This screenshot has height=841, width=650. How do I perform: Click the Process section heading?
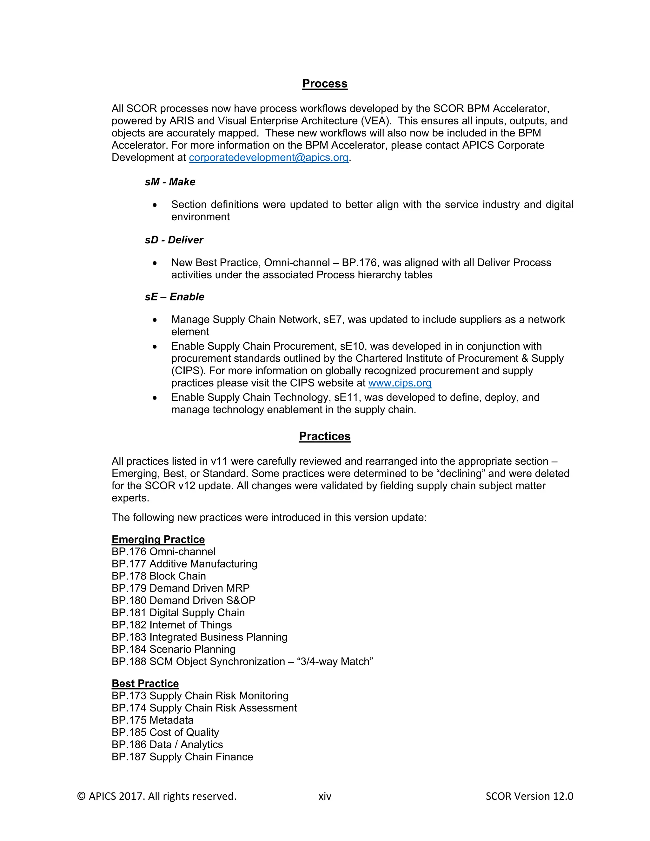pyautogui.click(x=325, y=83)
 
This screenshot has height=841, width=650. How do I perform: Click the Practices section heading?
pyautogui.click(x=325, y=436)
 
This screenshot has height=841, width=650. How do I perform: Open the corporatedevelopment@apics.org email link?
pyautogui.click(x=269, y=157)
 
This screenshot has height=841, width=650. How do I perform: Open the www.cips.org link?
pyautogui.click(x=400, y=383)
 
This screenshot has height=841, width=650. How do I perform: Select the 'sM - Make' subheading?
pyautogui.click(x=170, y=182)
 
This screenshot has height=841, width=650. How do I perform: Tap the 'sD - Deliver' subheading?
pyautogui.click(x=174, y=240)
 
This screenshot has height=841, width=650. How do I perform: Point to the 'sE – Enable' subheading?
pyautogui.click(x=175, y=297)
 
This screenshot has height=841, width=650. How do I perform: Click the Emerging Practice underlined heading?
pyautogui.click(x=158, y=540)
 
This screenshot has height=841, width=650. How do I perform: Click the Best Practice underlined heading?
pyautogui.click(x=145, y=684)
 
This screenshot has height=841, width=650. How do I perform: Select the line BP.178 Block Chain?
pyautogui.click(x=159, y=576)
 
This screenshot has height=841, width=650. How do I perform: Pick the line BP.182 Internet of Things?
pyautogui.click(x=172, y=625)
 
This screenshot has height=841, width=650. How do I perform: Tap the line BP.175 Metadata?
pyautogui.click(x=152, y=720)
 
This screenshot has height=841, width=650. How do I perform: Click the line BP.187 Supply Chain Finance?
pyautogui.click(x=182, y=757)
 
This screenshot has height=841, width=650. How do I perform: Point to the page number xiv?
pyautogui.click(x=325, y=796)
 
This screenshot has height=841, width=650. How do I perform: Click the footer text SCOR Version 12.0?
pyautogui.click(x=529, y=796)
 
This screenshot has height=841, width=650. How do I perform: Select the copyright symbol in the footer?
pyautogui.click(x=81, y=796)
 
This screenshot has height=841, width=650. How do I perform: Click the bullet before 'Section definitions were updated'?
pyautogui.click(x=155, y=205)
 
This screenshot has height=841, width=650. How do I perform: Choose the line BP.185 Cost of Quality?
pyautogui.click(x=165, y=732)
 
